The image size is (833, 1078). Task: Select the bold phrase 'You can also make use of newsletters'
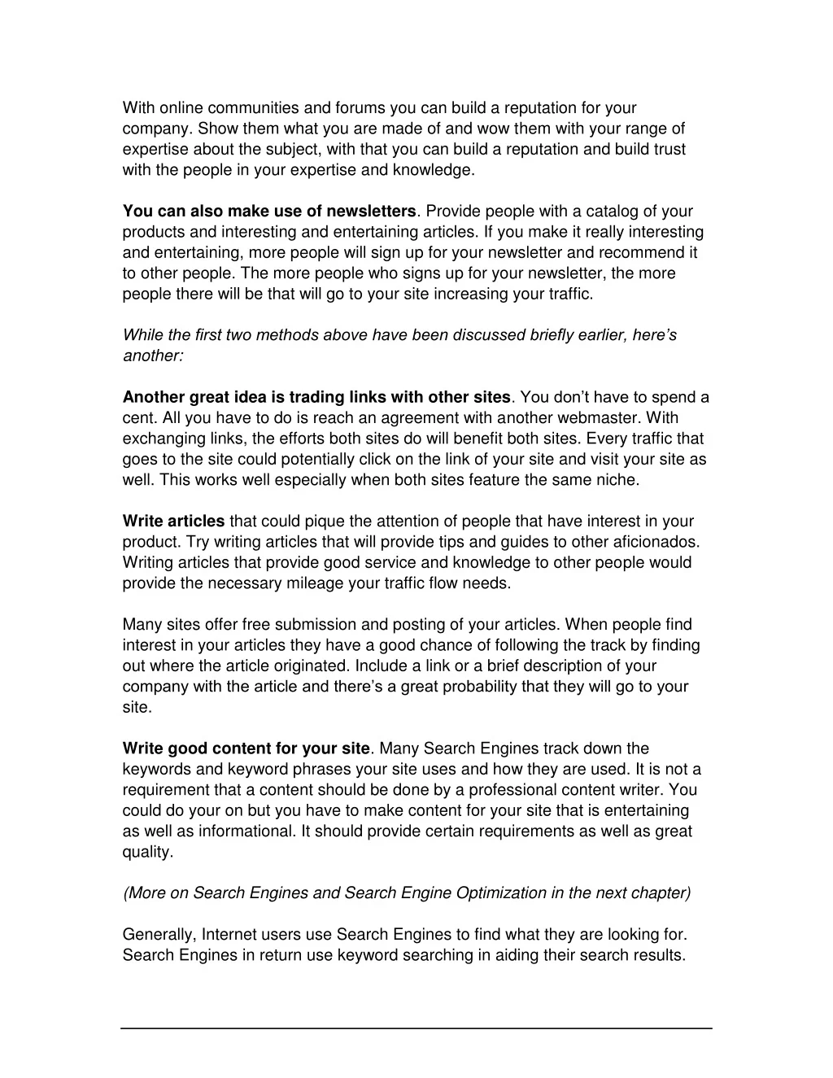click(269, 212)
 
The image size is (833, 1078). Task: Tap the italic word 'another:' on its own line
click(153, 356)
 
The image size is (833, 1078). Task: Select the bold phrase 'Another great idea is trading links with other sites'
click(316, 397)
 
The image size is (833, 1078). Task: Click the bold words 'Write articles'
click(173, 522)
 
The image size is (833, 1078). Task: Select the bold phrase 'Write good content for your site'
click(246, 748)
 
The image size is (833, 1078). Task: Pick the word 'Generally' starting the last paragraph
click(159, 935)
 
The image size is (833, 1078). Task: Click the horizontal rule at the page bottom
click(416, 1028)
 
